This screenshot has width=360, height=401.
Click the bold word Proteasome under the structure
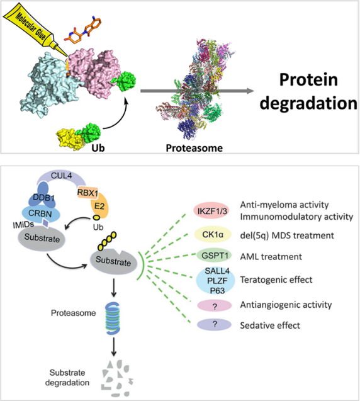click(x=194, y=148)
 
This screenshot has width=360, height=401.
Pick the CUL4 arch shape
click(x=62, y=178)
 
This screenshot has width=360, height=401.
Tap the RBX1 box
click(x=87, y=193)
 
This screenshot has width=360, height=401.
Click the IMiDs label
click(x=23, y=225)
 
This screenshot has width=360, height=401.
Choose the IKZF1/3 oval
click(x=212, y=211)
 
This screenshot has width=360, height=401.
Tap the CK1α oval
click(x=213, y=234)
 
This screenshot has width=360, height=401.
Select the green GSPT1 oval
click(x=214, y=256)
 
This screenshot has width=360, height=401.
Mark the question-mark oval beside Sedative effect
click(x=214, y=325)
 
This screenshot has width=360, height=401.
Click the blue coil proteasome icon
click(x=113, y=319)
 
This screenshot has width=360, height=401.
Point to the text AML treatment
click(x=271, y=256)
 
